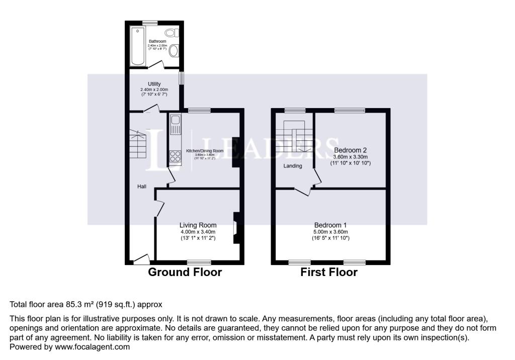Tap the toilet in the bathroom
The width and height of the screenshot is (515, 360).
point(172,33)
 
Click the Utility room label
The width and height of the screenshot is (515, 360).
point(154,84)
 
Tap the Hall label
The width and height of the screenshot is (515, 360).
point(142,187)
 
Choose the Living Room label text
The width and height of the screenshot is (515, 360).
point(198,225)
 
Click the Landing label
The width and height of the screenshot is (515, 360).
point(292,166)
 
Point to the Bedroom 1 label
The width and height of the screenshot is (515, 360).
point(330,225)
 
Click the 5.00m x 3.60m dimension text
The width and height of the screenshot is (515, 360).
point(330,232)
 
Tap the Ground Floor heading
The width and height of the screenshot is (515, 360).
point(185,273)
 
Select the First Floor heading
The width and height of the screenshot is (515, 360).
point(329,273)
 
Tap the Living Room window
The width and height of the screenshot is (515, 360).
point(199,262)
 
